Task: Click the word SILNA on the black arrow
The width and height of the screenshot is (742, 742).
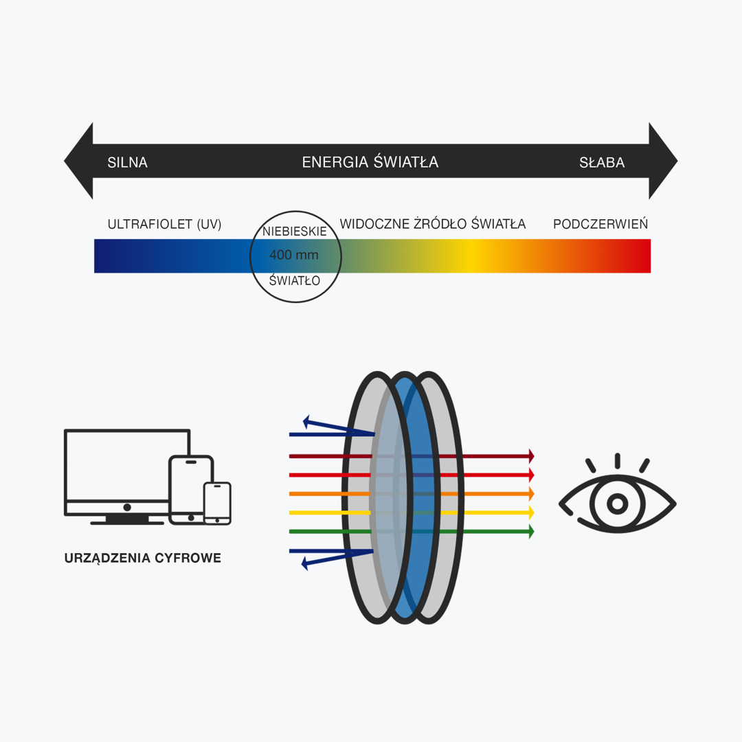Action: point(127,163)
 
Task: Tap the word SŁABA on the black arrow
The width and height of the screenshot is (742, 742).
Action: point(602,163)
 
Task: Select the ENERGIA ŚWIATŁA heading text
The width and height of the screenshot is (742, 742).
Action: point(370,162)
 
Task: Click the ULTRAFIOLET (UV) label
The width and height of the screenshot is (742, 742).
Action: point(164,225)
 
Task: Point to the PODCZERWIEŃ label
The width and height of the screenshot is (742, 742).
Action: point(600,225)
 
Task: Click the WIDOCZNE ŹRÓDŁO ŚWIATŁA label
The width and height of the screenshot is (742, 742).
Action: point(432,225)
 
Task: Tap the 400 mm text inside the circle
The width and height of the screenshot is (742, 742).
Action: point(294,256)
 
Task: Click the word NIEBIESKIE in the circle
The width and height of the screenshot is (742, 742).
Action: point(295,232)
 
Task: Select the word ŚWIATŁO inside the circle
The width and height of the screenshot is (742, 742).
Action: point(295,280)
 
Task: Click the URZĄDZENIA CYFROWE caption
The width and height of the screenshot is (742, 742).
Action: point(143,559)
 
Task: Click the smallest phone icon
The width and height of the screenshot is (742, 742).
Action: point(217,504)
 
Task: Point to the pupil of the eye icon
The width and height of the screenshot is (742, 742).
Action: point(617,504)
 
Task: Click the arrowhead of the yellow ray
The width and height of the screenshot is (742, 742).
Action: point(530,513)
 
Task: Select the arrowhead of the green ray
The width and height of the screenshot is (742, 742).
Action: point(530,531)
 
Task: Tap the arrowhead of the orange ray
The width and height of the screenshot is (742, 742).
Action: point(530,493)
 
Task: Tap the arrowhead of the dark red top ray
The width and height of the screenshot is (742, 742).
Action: point(530,456)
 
